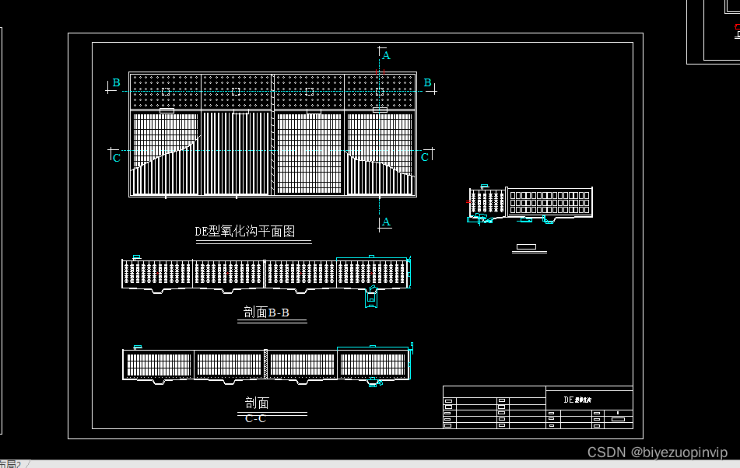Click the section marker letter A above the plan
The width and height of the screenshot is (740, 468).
point(386,55)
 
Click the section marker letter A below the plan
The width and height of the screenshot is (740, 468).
point(386,222)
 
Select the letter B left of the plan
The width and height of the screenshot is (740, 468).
point(116,82)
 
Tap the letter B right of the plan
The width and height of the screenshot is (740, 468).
point(427,82)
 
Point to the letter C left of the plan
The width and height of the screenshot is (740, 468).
point(117,158)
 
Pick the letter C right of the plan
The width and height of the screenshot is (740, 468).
point(425,157)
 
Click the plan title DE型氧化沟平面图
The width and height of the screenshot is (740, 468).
point(244,231)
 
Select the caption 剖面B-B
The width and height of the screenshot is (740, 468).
point(266,313)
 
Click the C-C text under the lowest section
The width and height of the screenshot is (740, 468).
point(255,418)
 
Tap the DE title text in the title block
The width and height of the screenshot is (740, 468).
point(578,399)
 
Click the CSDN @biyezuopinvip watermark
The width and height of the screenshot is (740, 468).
point(657,452)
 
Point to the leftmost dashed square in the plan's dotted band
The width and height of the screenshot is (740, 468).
point(166,92)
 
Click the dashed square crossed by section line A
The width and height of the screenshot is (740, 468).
point(380,92)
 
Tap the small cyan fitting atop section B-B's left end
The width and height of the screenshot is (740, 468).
point(136,257)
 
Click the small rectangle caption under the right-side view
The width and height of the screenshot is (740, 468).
point(526,247)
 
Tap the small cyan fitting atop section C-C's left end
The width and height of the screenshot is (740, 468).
point(138,347)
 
